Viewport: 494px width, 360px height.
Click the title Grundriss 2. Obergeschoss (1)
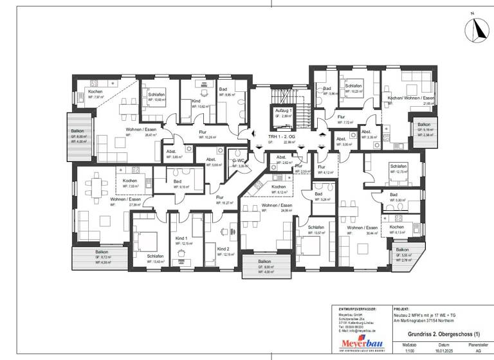tap(444, 334)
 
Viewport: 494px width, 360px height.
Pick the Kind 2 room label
tap(223, 248)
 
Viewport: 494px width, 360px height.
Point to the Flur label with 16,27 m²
tap(220, 197)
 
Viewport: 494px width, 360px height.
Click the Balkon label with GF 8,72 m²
tap(102, 251)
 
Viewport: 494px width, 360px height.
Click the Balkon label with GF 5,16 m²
tap(424, 125)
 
